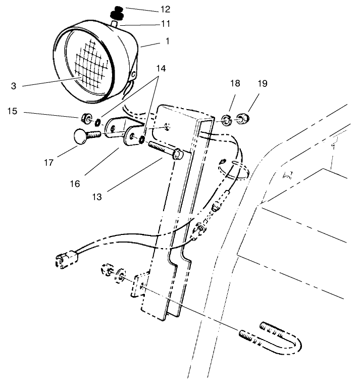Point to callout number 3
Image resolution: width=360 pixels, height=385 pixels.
click(x=14, y=86)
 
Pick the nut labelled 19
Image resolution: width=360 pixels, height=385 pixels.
click(x=243, y=119)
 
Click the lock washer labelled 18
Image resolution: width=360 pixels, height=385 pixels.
click(x=226, y=120)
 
